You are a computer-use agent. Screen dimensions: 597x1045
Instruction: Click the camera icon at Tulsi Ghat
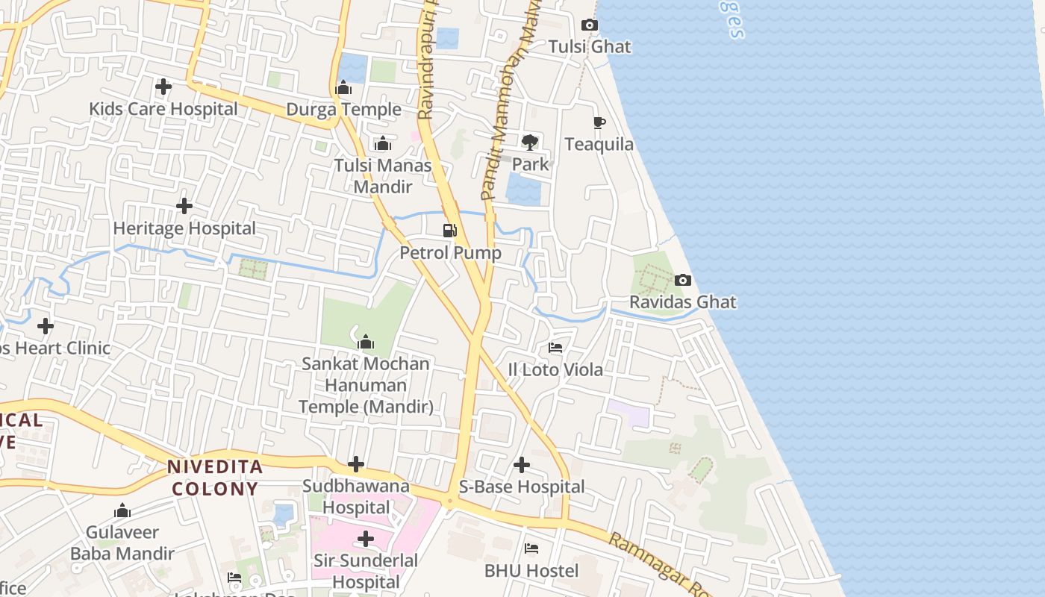589,25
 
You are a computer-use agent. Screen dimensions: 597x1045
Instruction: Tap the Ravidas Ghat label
682,302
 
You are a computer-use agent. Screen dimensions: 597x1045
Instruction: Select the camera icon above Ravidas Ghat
682,281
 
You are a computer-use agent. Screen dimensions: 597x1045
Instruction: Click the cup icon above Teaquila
599,123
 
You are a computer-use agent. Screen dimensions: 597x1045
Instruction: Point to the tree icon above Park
530,142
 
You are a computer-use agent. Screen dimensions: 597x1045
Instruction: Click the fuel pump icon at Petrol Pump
449,231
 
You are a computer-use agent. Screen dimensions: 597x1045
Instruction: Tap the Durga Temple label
343,110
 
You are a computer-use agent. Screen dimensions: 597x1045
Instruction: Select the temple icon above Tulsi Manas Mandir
383,143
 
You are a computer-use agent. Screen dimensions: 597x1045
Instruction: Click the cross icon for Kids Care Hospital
163,87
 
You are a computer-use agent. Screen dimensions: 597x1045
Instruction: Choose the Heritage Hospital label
184,228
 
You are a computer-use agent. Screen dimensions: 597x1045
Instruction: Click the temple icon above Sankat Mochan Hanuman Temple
366,343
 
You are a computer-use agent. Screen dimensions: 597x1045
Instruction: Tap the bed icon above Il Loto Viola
555,348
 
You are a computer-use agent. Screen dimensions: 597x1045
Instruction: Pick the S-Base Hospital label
522,487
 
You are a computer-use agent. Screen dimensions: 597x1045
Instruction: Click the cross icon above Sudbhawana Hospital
356,465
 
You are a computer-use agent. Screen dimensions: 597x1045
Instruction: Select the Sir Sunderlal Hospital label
366,571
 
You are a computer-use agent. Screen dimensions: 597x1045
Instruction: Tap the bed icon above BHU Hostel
531,549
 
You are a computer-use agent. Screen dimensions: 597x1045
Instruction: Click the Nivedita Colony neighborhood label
214,478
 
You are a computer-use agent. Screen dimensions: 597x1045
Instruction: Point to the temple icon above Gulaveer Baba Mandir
122,511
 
